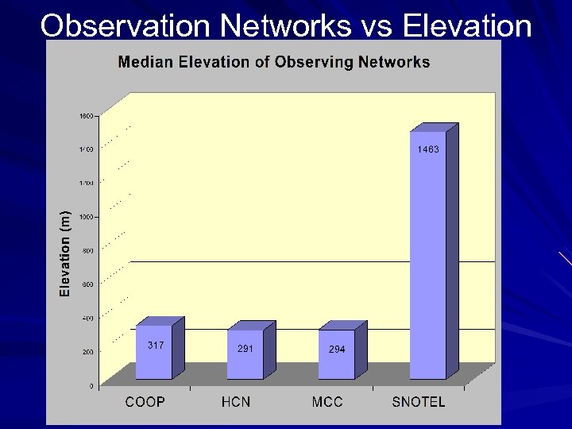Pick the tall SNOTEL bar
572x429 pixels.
tap(428, 254)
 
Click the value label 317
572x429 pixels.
tap(156, 345)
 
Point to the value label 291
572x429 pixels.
tap(245, 349)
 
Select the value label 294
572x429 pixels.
tap(337, 350)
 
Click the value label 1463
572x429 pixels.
tap(428, 149)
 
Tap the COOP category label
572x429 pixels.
tap(145, 402)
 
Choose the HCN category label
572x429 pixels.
tap(236, 402)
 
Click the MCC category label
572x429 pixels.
tap(327, 402)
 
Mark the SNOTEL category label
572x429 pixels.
tap(419, 402)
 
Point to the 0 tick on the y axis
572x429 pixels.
tap(91, 386)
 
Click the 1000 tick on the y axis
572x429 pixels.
tap(85, 217)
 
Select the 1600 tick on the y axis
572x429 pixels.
tap(85, 116)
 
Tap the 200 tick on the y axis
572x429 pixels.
tap(87, 352)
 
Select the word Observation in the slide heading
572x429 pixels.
tap(126, 26)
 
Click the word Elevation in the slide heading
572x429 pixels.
tap(467, 26)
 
